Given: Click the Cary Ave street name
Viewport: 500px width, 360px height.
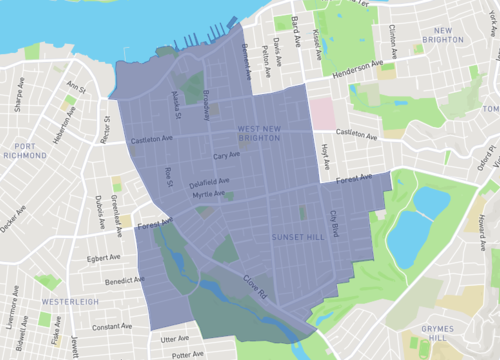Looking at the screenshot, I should (x=226, y=156).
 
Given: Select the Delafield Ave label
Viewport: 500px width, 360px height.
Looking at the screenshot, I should (x=210, y=182).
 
